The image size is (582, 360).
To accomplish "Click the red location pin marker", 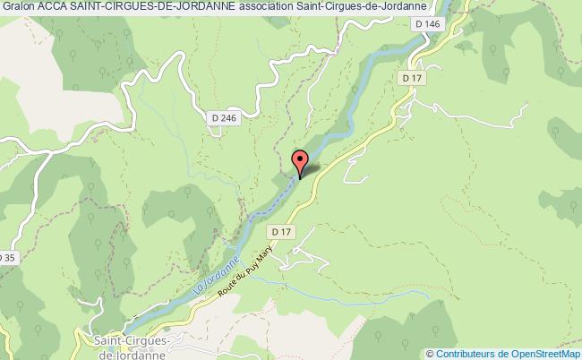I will click(301, 161).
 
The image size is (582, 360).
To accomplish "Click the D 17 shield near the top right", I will click(412, 79).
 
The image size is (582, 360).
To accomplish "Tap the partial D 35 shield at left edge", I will click(8, 259).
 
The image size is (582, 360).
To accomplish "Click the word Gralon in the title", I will click(20, 8).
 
